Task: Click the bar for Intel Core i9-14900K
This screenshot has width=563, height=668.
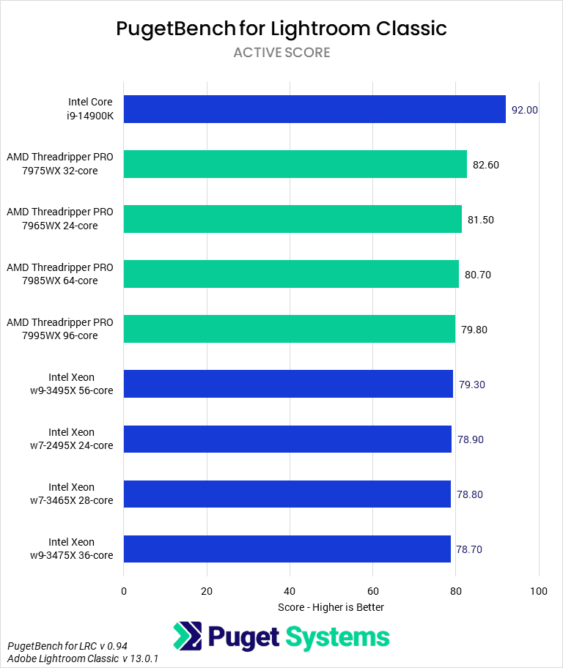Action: coord(314,109)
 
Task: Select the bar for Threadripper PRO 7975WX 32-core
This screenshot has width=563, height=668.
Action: coord(295,164)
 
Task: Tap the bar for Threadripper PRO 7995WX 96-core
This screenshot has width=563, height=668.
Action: coord(289,329)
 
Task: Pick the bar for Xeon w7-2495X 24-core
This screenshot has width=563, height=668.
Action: coord(287,439)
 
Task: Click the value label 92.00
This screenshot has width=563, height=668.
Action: coord(525,110)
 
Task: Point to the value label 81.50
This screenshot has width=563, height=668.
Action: coord(480,220)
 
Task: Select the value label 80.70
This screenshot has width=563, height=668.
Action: coord(477,275)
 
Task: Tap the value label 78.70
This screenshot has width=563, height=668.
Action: coord(469,549)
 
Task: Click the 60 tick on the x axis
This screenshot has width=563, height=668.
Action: coord(372,590)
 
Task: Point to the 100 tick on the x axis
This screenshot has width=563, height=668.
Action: coord(539,590)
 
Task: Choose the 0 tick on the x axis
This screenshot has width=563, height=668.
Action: coord(124,590)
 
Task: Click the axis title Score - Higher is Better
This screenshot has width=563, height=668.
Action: coord(331,607)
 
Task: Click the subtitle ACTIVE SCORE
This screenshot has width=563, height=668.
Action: coord(281,53)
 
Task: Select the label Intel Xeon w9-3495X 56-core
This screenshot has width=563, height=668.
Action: coord(71,384)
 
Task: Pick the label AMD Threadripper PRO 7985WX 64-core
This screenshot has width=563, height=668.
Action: coord(60,274)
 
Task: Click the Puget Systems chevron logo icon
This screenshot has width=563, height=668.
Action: coord(188,637)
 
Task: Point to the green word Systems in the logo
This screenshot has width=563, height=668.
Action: coord(338,637)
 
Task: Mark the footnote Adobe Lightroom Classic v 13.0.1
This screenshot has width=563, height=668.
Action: coord(83,659)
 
